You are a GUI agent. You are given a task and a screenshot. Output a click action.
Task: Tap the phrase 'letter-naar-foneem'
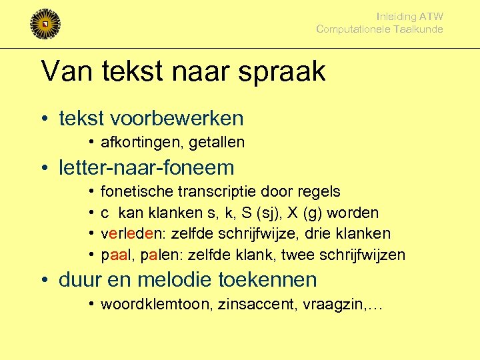click(x=147, y=167)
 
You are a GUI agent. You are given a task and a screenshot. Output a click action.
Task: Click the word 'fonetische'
click(x=137, y=192)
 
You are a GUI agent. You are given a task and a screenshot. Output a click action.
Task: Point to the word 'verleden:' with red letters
click(x=131, y=234)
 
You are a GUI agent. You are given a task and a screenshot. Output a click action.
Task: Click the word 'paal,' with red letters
click(x=115, y=255)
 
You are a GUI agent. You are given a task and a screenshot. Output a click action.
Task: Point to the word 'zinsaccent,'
click(x=236, y=305)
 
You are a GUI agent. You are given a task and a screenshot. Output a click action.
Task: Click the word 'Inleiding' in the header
click(x=397, y=16)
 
